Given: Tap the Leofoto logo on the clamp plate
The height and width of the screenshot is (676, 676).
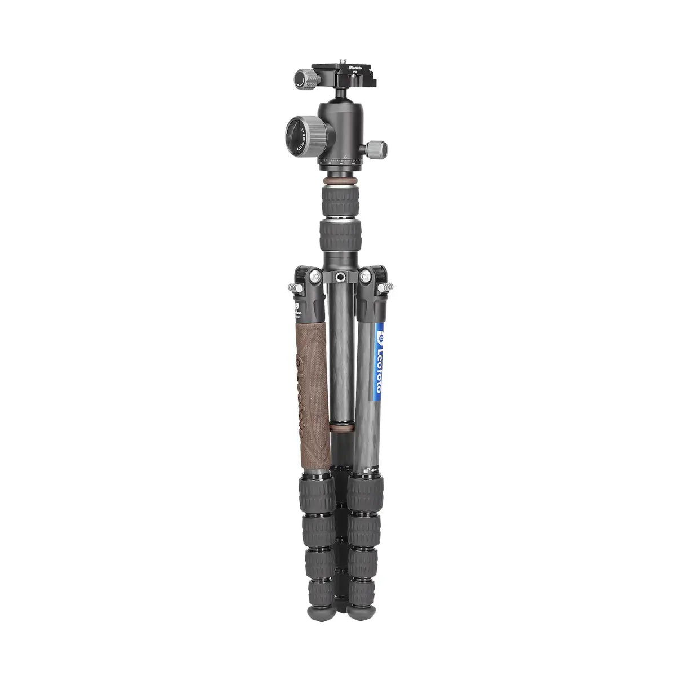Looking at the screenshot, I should pyautogui.click(x=354, y=68).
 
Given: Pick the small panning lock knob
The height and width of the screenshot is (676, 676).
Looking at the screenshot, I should pyautogui.click(x=377, y=149).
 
